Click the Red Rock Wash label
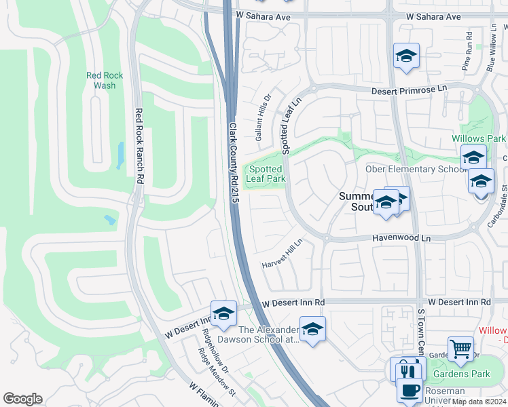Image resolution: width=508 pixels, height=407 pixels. [105, 81]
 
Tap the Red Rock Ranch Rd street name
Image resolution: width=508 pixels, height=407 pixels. [139, 146]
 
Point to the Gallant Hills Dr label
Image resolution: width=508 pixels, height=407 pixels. [263, 117]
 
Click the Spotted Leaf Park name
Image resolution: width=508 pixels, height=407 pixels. [266, 174]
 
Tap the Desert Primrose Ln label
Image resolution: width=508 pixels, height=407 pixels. [410, 90]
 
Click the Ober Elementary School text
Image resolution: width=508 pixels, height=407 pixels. [416, 169]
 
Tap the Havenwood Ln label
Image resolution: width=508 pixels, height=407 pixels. [401, 239]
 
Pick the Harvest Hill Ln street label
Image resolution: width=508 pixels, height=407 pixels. [283, 254]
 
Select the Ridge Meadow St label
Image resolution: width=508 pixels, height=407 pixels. [216, 372]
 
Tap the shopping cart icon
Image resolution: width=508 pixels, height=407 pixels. [461, 349]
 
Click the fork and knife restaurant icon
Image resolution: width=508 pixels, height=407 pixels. [407, 371]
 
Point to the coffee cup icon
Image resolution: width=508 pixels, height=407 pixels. [410, 391]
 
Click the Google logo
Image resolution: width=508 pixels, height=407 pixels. [22, 399]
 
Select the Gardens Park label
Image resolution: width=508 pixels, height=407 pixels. [465, 374]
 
